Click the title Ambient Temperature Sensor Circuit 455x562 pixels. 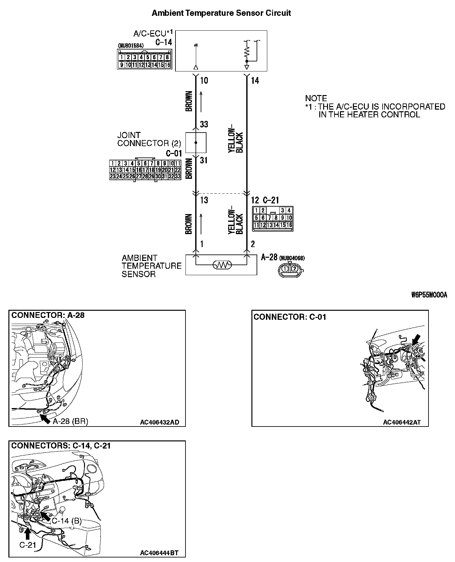click(221, 13)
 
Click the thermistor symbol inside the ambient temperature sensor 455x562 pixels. click(222, 265)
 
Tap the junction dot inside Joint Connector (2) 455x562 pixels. click(196, 142)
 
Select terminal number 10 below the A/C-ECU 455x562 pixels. click(204, 81)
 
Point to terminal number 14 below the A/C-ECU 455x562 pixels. click(255, 81)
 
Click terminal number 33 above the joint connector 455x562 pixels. click(204, 124)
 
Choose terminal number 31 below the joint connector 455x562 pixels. click(204, 160)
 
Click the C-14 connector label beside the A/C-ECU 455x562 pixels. click(164, 42)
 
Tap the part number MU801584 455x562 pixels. click(131, 46)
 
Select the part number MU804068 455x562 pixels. click(292, 258)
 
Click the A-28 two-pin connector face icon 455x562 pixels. click(290, 269)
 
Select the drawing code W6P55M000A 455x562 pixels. click(429, 295)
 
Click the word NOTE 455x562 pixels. click(316, 98)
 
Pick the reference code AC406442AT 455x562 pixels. click(402, 422)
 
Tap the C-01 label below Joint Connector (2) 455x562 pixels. click(174, 153)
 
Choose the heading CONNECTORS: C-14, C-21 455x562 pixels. click(61, 446)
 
